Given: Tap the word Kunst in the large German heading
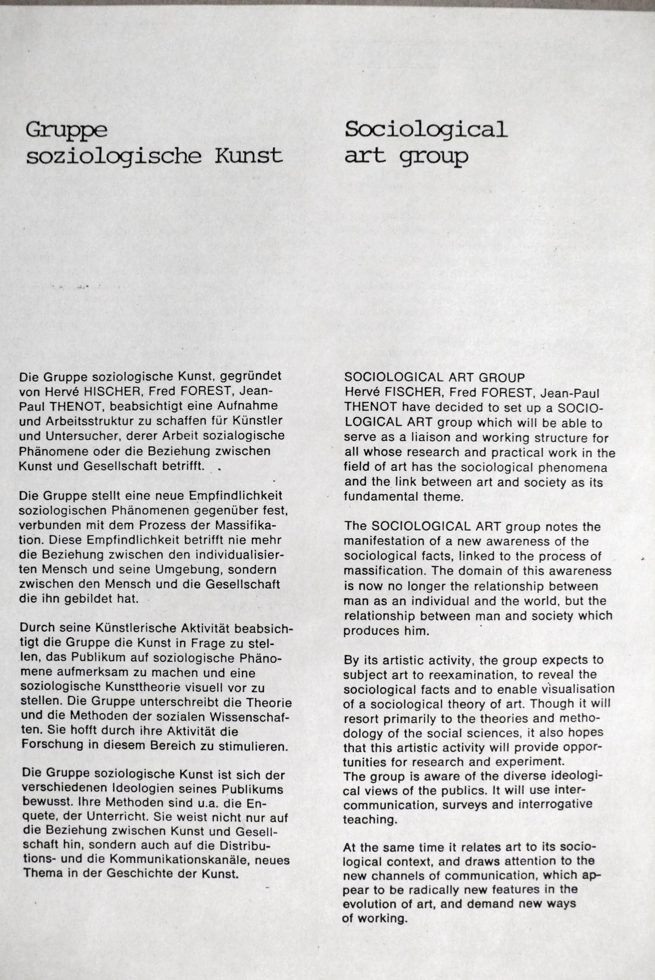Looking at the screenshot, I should [x=248, y=156].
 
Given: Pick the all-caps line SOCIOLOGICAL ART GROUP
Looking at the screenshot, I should [x=434, y=378].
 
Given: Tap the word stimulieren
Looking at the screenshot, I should [x=254, y=746].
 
